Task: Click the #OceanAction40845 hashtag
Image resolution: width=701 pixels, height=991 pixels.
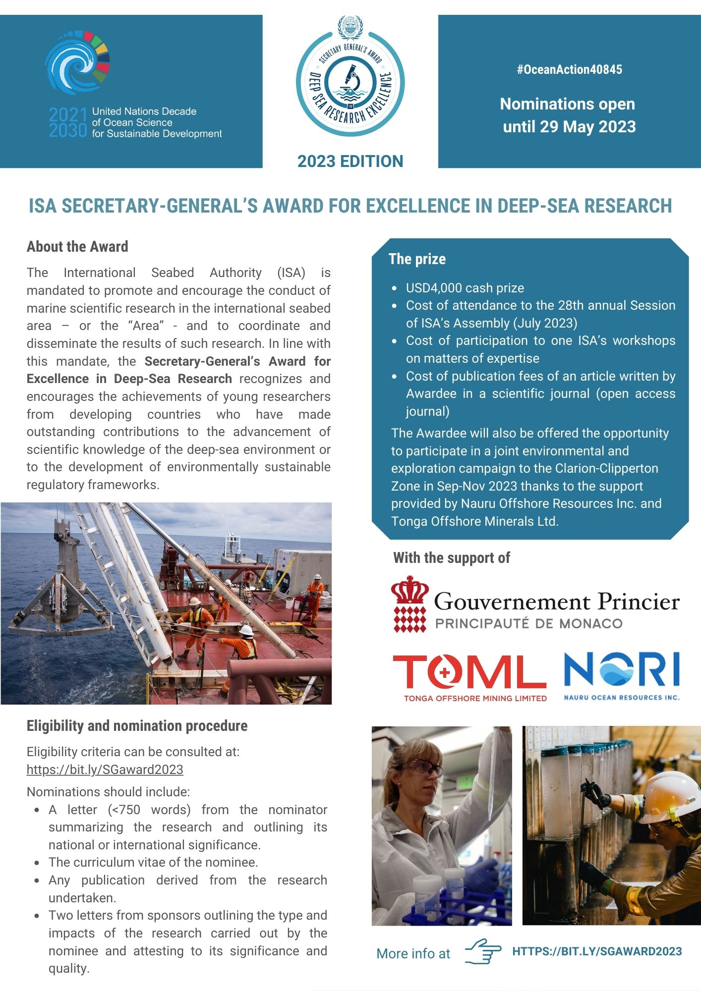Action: (x=569, y=69)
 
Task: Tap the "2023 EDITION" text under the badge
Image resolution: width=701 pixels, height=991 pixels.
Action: (x=350, y=162)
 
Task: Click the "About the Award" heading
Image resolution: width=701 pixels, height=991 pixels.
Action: (x=77, y=247)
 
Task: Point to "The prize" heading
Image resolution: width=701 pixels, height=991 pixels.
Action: (x=417, y=259)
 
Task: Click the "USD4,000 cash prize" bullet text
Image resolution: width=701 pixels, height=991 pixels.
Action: (x=465, y=288)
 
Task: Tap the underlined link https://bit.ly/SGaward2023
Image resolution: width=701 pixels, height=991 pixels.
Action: (x=105, y=770)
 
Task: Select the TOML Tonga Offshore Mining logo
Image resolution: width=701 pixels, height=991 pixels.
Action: (x=469, y=677)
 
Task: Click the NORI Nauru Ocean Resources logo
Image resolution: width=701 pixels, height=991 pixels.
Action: (x=622, y=675)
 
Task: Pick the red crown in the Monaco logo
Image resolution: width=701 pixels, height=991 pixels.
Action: (x=409, y=590)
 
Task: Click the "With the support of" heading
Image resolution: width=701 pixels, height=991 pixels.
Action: (x=451, y=558)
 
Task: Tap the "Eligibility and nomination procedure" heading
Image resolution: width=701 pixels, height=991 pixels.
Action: (x=137, y=726)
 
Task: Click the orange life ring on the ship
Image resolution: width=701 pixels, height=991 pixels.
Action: (x=248, y=577)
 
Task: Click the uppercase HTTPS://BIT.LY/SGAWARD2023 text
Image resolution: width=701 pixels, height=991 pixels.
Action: (x=597, y=951)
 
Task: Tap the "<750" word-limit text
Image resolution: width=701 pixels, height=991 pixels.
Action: (x=124, y=810)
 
